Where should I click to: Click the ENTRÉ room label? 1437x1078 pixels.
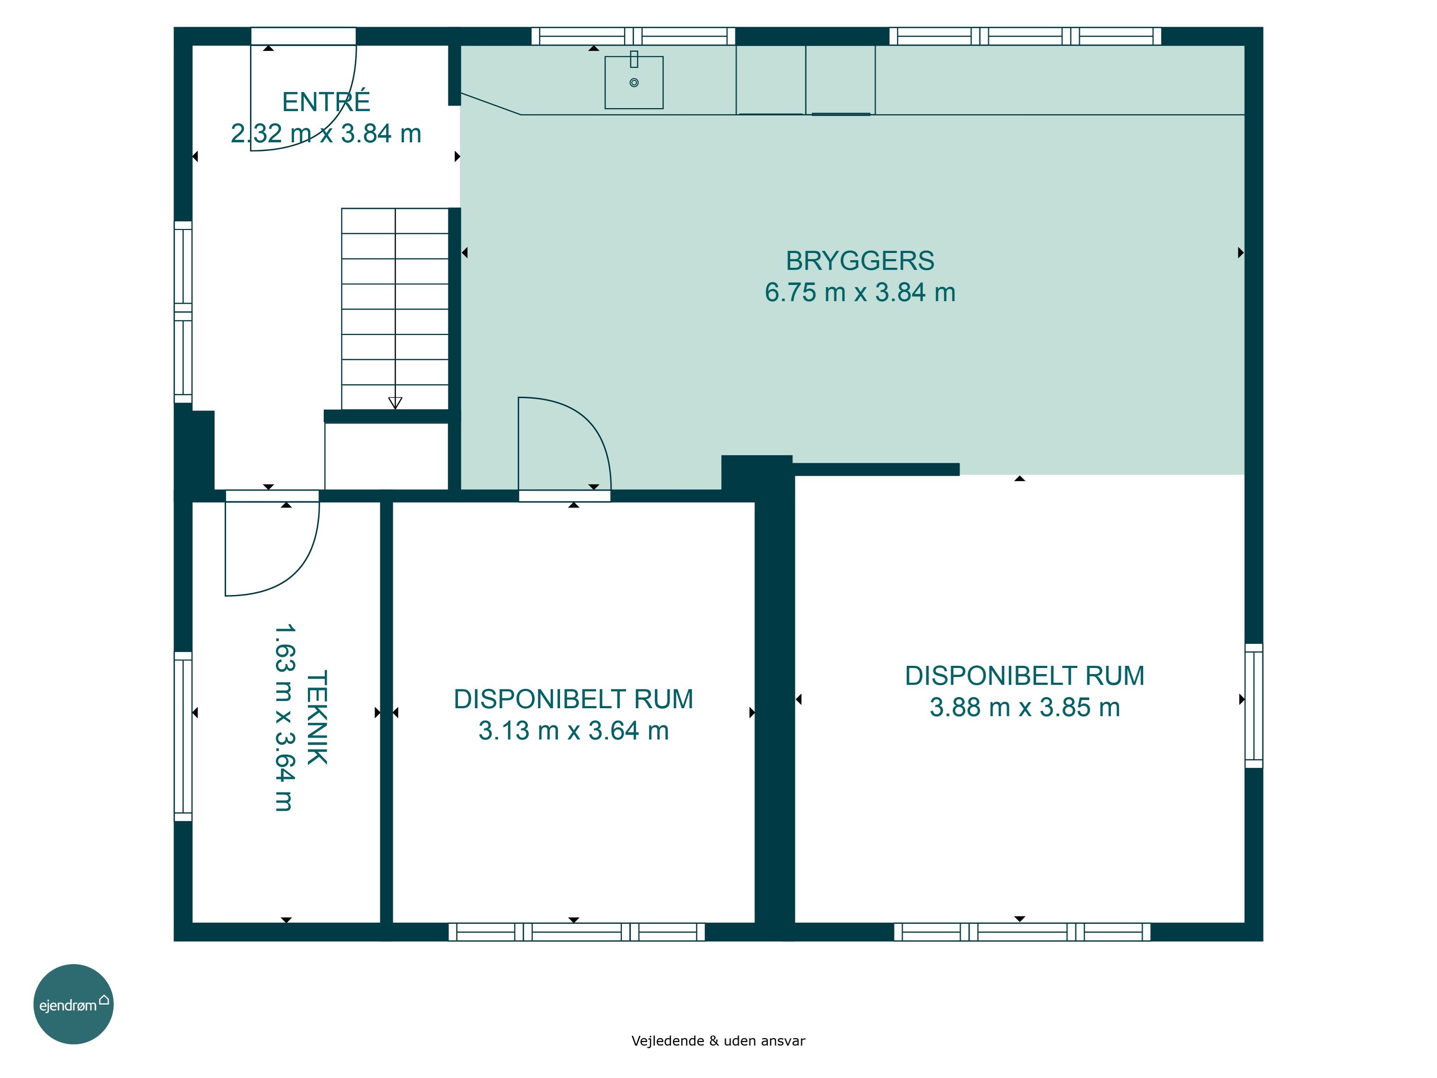point(326,102)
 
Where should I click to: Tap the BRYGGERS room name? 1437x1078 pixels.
point(860,261)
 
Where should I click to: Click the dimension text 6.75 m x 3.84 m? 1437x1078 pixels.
point(860,292)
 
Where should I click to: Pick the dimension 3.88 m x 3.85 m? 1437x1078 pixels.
point(1025,708)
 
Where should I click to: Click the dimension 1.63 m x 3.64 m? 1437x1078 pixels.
point(285,717)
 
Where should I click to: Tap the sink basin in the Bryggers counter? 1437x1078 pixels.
point(634,82)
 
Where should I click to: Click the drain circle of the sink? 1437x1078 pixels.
point(634,82)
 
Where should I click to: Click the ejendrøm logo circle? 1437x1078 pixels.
point(73,1004)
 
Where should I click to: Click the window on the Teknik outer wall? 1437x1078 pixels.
point(183,736)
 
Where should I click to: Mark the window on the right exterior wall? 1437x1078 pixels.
point(1254,706)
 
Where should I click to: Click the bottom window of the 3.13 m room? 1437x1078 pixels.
point(577,932)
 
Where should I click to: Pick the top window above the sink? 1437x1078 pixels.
point(633,36)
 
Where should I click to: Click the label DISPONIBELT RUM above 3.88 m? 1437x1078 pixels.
point(1025,676)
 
